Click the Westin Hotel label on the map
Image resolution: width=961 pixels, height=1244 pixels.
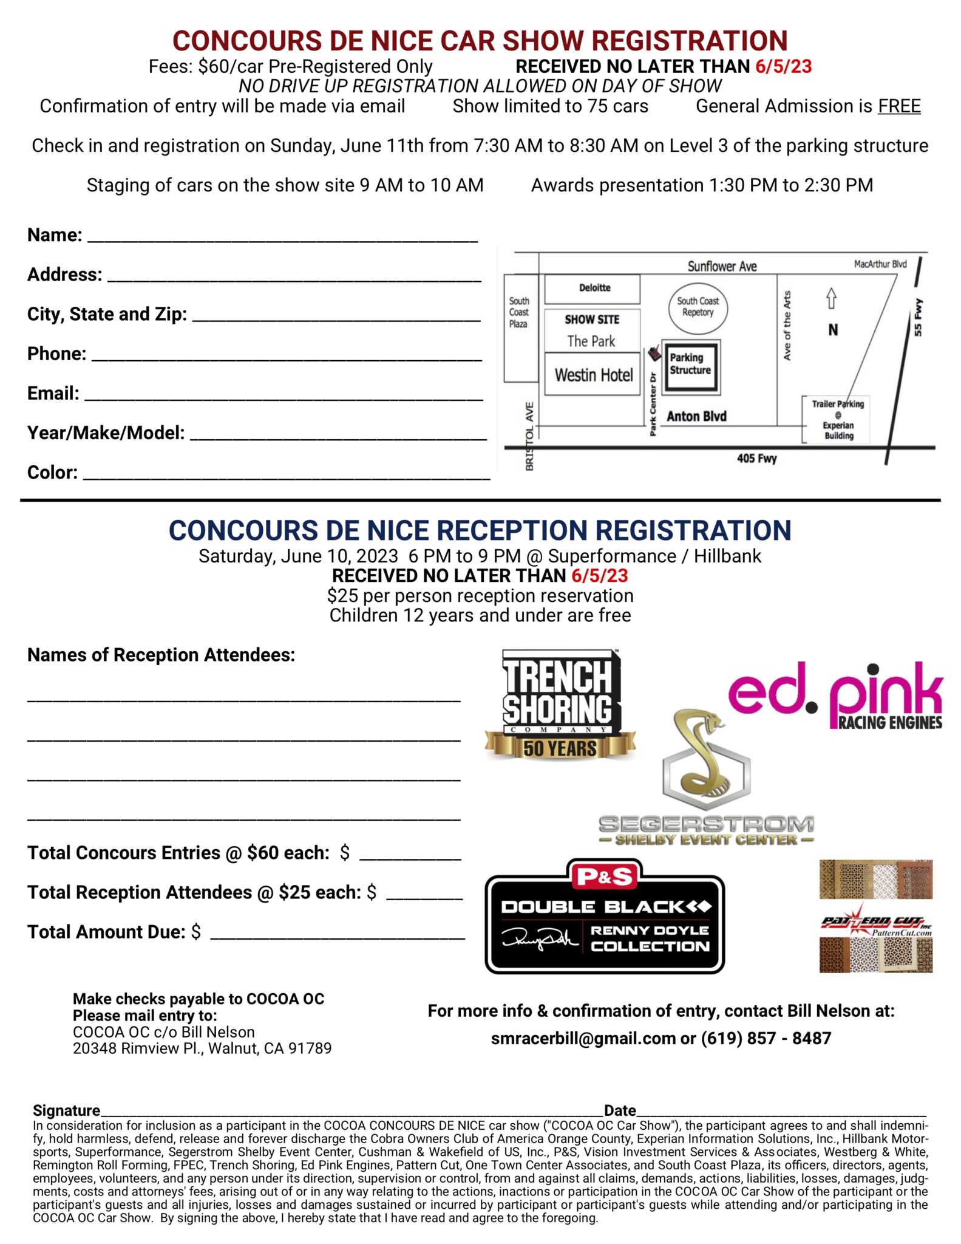point(593,375)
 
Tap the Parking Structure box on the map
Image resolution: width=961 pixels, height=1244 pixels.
point(690,365)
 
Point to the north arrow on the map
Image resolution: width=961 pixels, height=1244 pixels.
point(831,298)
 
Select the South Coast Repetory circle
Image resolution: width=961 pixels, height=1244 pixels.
point(698,307)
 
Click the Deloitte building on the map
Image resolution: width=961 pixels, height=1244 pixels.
point(594,288)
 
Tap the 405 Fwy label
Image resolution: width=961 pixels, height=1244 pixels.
point(756,459)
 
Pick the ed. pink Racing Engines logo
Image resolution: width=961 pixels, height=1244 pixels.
point(835,696)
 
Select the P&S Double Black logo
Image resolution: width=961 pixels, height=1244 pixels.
point(605,916)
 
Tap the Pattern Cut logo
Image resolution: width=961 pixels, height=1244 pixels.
point(875,915)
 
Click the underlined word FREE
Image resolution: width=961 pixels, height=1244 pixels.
point(898,106)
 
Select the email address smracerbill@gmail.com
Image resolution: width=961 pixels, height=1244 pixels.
point(583,1038)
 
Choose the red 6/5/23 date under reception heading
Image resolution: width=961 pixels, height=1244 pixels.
point(599,575)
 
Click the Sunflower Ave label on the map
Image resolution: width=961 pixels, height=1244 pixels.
point(722,266)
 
